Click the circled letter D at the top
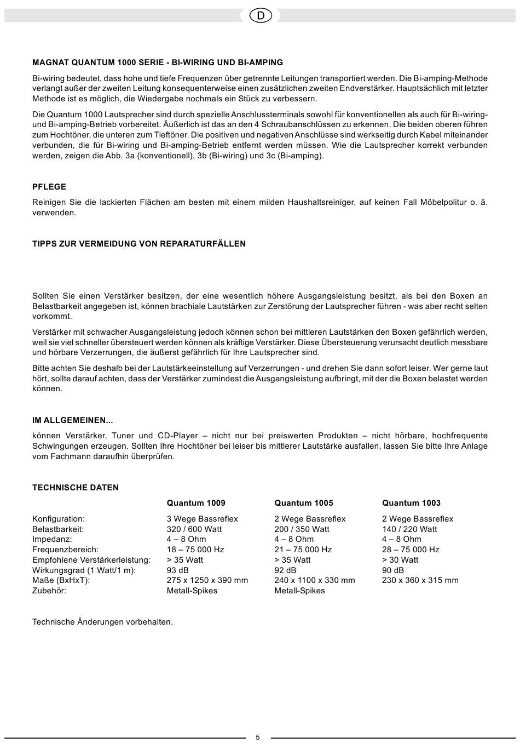[260, 16]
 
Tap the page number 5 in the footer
[258, 737]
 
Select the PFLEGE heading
[49, 187]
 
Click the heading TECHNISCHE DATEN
[76, 488]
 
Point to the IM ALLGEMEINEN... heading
[73, 420]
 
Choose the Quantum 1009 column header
[196, 503]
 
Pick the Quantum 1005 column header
[304, 503]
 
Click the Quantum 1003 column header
[411, 503]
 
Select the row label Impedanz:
[52, 539]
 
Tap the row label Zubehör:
[49, 591]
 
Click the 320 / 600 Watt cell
[194, 529]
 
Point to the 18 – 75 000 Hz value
[195, 550]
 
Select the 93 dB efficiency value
[178, 570]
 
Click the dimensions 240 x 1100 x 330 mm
[315, 580]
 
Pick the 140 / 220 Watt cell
[409, 529]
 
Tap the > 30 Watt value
[400, 560]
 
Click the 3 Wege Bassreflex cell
[203, 519]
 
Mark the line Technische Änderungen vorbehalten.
[102, 622]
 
